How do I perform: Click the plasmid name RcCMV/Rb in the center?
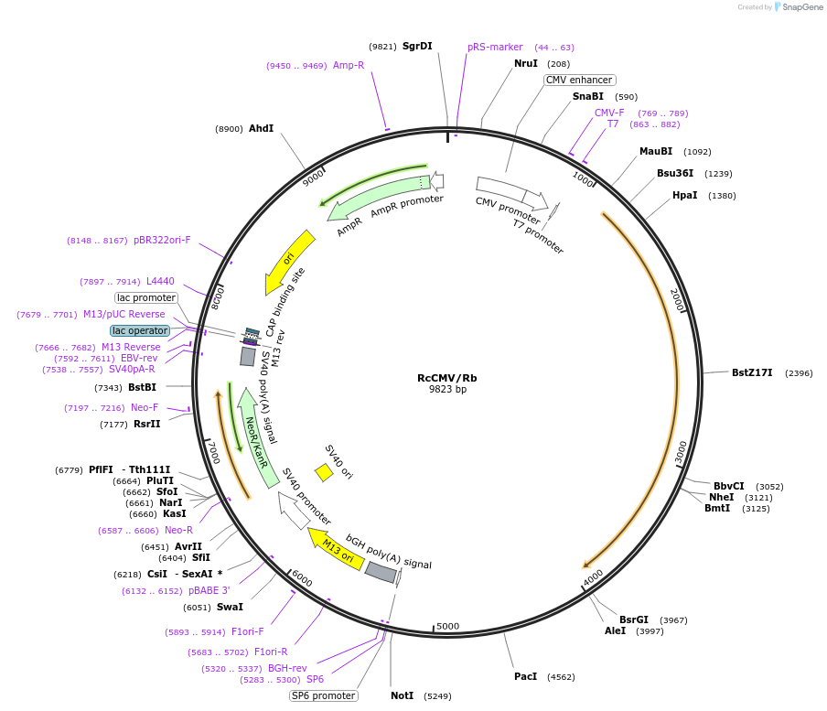point(447,377)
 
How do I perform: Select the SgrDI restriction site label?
point(417,46)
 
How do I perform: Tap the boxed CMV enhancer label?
point(578,80)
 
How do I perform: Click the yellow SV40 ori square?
point(324,472)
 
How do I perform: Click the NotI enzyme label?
point(403,695)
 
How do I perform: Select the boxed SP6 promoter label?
point(323,695)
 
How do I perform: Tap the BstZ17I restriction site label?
point(752,372)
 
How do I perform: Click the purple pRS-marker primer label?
point(495,47)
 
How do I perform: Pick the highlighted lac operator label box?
point(140,330)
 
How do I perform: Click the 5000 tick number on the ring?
point(447,626)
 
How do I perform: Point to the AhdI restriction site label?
point(261,128)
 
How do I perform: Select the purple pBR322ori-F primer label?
point(162,240)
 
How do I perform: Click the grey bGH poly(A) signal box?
point(381,573)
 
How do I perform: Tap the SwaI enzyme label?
point(230,607)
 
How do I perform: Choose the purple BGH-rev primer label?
point(287,668)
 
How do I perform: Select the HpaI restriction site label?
point(684,195)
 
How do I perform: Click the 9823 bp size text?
point(447,390)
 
